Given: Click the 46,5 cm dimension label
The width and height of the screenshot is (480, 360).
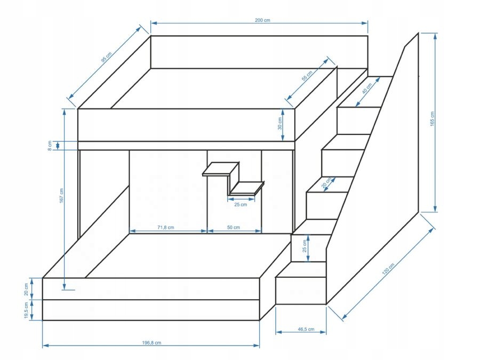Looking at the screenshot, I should coord(301,329).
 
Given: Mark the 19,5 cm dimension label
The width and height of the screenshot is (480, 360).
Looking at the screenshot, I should coord(26,310).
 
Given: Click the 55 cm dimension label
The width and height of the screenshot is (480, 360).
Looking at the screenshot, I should coord(307,77).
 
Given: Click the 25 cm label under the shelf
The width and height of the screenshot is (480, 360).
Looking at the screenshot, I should coord(241,204).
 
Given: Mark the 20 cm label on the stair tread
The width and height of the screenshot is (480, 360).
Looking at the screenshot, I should coord(325,182).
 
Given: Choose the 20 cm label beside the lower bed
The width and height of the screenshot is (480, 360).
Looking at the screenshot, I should coord(26,289).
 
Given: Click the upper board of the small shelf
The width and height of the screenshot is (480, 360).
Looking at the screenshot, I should coord(220,169).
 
